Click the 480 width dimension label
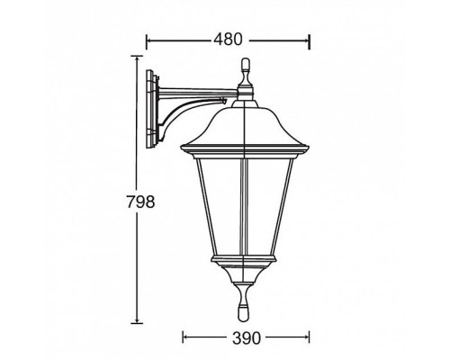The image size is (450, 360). (227, 40)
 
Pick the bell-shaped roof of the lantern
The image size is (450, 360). (245, 121)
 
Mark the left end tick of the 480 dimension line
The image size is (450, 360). (147, 40)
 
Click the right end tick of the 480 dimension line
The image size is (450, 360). (310, 40)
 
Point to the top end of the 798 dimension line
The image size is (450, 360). (137, 56)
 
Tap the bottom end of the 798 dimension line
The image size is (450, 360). (137, 323)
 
